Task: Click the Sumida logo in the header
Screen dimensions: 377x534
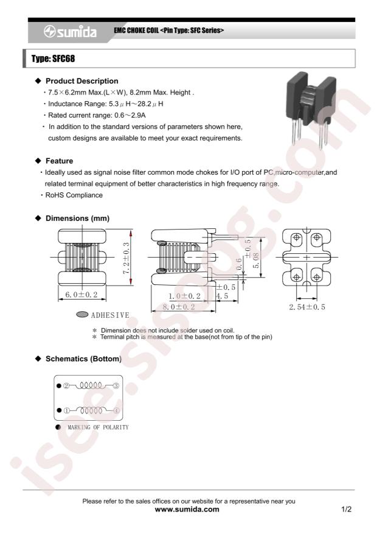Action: click(x=70, y=32)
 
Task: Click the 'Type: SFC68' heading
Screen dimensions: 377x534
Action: click(x=53, y=58)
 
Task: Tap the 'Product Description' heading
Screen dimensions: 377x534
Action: click(x=82, y=81)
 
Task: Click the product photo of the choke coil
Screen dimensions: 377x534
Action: click(x=311, y=110)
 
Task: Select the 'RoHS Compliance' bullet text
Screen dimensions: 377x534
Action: click(x=74, y=195)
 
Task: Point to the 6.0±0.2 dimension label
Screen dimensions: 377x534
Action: click(x=81, y=295)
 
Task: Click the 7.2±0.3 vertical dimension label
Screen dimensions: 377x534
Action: click(x=126, y=258)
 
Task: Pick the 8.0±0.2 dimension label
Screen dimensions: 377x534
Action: click(x=179, y=307)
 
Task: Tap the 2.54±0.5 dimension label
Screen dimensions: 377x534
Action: click(x=307, y=307)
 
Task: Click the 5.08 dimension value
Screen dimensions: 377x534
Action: click(x=255, y=261)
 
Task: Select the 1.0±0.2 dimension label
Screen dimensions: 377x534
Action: click(x=184, y=297)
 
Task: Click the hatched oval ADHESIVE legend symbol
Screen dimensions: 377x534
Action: click(x=82, y=314)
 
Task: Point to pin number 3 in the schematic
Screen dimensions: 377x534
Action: click(x=116, y=386)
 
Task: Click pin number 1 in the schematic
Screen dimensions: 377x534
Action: click(x=67, y=411)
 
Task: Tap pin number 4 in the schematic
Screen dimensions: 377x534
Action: click(x=116, y=411)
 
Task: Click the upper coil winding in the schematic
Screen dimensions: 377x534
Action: click(x=91, y=386)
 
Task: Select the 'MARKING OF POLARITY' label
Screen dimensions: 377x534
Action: click(x=99, y=427)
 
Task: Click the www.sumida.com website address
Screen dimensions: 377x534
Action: click(x=187, y=510)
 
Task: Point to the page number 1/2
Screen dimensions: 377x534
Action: click(x=347, y=510)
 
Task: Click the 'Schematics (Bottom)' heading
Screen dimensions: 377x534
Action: click(x=84, y=359)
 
